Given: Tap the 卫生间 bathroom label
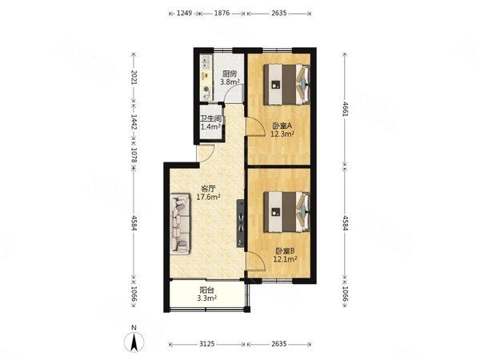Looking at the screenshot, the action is point(210,118).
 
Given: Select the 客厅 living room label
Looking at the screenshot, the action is point(208,189).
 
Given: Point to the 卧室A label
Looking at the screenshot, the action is point(282,126).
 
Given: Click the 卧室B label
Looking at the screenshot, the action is point(285,251).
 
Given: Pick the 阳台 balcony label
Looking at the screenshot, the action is point(206,290).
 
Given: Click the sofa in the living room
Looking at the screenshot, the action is point(180,224).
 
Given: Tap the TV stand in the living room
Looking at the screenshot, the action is point(240,223).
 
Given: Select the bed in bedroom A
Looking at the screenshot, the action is point(287,84).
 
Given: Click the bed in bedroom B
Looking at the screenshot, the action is point(287,212).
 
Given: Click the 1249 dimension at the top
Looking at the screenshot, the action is point(185,13).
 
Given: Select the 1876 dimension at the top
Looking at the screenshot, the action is point(222,13).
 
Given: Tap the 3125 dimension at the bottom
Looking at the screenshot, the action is point(207,344).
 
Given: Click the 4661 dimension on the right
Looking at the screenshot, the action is point(346,109).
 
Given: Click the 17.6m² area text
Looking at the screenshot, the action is point(208,197).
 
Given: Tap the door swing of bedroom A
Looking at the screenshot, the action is point(256,126).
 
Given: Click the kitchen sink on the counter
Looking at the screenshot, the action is point(205,62).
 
